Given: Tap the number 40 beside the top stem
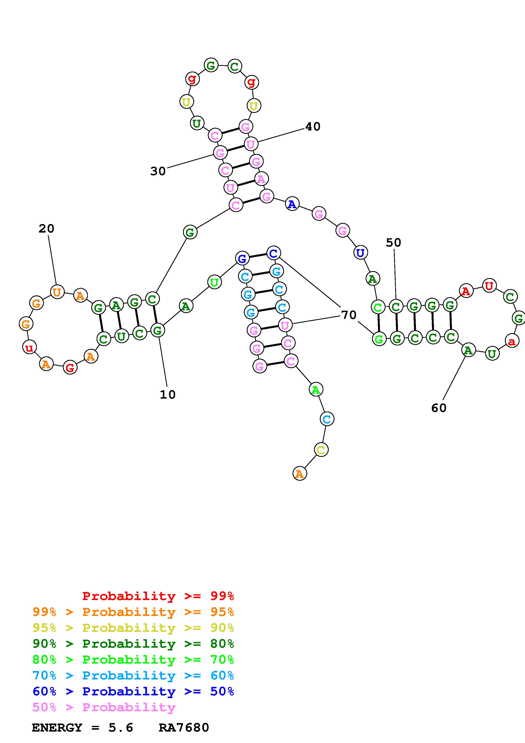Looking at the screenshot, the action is coord(313,126).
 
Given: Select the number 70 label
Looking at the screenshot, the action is coord(349,315).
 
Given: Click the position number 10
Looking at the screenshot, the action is coord(168,394).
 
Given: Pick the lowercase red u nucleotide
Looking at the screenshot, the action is coord(29,348).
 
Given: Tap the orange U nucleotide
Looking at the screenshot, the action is coord(57,292).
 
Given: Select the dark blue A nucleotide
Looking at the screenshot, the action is coord(292,204).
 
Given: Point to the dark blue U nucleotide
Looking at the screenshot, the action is coord(360,252).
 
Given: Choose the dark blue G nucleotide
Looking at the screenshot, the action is coord(242,259).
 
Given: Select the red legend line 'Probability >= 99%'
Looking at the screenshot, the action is coord(158,596).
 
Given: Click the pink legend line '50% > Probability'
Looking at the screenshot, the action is coord(104,707).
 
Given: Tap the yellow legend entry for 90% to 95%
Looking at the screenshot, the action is coord(133,628).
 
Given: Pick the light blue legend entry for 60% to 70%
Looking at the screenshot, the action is coord(133,676).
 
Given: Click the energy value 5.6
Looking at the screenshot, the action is coord(121,728).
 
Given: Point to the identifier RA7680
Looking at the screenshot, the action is coord(184,728).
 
